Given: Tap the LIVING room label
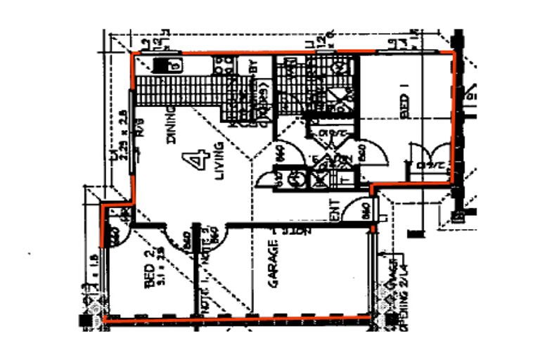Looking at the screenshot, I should (x=219, y=161).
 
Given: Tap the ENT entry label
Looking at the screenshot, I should (x=335, y=210).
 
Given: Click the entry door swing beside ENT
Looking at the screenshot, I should (x=366, y=210).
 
